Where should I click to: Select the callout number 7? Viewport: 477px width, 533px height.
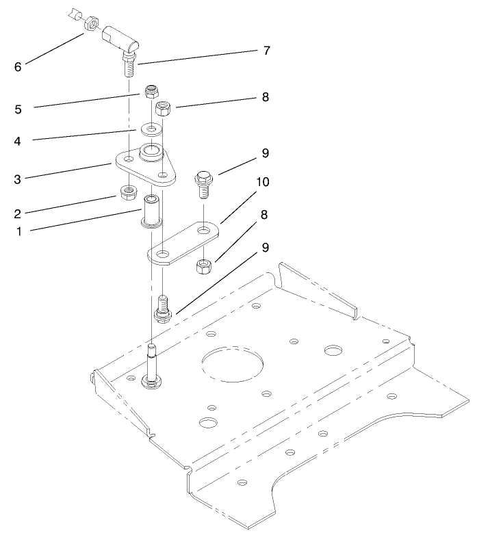coord(266,51)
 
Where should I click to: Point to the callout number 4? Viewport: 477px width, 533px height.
coord(18,142)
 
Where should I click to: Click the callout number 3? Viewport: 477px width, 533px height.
coord(18,179)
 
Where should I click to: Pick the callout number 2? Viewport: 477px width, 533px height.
coord(18,211)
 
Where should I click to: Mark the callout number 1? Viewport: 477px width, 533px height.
coord(18,232)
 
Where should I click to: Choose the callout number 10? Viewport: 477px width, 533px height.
coord(262,183)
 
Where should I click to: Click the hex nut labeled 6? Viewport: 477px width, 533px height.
coord(89,26)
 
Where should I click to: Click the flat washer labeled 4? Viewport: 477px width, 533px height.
coord(149,128)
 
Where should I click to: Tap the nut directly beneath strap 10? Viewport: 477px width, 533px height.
coord(203,266)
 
